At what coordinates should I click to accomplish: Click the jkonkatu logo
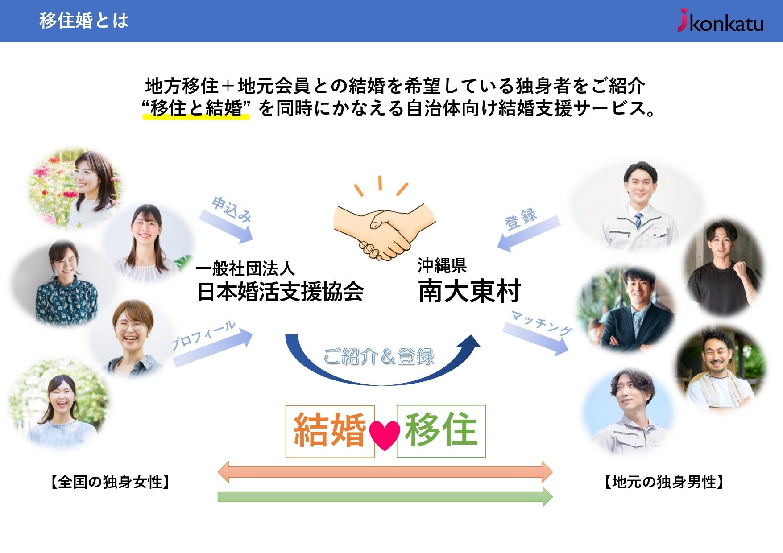tap(720, 21)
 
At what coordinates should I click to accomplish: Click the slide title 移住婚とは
tap(83, 21)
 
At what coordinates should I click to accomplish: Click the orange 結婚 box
tap(330, 431)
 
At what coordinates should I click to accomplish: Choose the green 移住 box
tap(441, 431)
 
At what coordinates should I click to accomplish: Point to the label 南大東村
tap(469, 291)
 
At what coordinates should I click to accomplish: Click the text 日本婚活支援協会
tap(280, 292)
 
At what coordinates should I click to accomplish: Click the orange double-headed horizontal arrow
tap(385, 472)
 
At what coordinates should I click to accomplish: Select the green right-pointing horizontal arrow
tap(385, 497)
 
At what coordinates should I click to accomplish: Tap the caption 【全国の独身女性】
tap(110, 482)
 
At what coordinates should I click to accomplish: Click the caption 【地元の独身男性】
tap(664, 482)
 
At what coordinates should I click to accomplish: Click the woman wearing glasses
tap(131, 336)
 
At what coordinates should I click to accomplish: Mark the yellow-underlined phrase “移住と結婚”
tap(195, 108)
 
